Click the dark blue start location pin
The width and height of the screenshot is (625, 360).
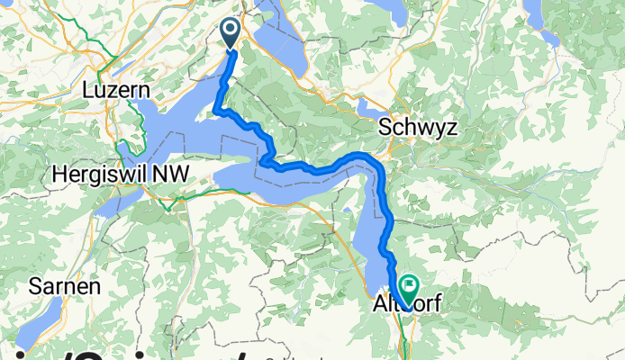pyautogui.click(x=230, y=32)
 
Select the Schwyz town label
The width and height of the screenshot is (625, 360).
pyautogui.click(x=418, y=127)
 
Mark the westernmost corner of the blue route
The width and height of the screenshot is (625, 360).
pyautogui.click(x=215, y=111)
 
